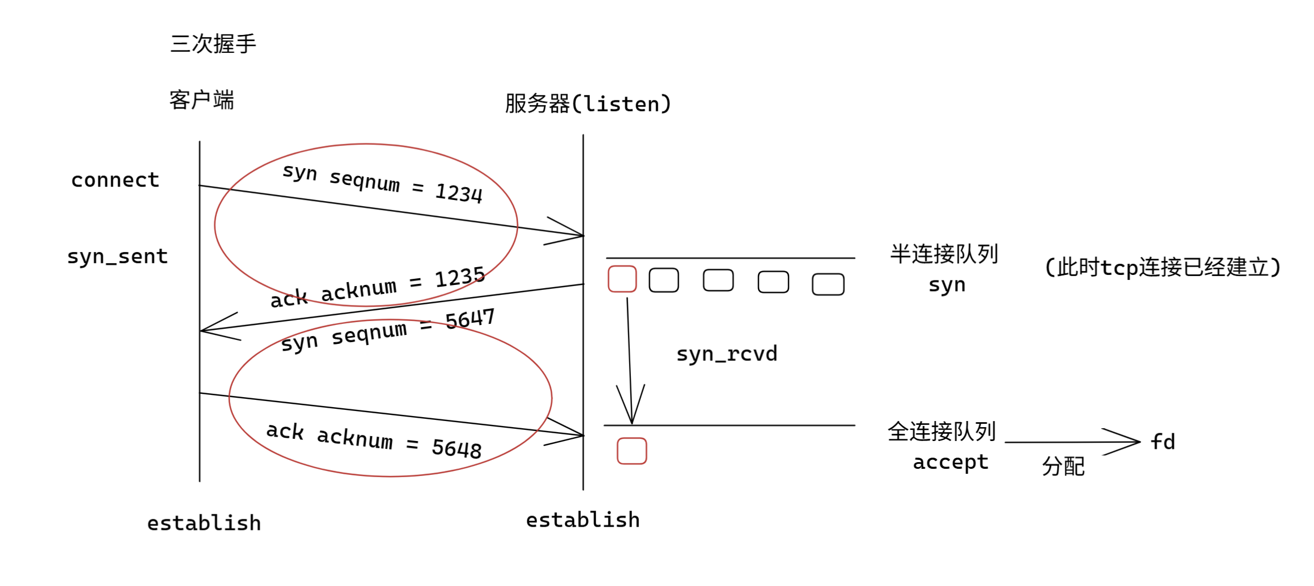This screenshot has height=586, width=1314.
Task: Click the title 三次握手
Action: pos(213,44)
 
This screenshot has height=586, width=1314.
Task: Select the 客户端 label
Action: pos(202,101)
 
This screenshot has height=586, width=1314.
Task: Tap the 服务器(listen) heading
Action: pos(588,104)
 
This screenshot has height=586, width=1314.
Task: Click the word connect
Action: pos(115,180)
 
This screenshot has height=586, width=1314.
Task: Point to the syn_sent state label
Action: pos(117,257)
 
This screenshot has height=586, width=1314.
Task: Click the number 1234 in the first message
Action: pos(459,193)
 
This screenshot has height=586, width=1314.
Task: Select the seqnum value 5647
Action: pos(470,319)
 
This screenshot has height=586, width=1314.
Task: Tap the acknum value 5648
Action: pos(456,448)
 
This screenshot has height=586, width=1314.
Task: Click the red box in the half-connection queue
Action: pos(622,279)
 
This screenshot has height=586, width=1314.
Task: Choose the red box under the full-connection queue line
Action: pos(632,450)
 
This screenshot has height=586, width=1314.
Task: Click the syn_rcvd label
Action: pos(726,354)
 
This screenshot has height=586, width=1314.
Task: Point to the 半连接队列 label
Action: pos(944,254)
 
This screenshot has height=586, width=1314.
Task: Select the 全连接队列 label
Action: pos(942,432)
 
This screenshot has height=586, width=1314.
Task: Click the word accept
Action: pos(950,462)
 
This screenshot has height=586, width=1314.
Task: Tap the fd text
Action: pos(1163,442)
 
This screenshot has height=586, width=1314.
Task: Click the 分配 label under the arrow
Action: pos(1063,467)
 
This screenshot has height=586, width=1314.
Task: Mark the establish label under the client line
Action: pos(204,523)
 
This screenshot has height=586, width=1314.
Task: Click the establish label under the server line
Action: pos(583,520)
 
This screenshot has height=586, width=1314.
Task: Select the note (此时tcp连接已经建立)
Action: pos(1163,268)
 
